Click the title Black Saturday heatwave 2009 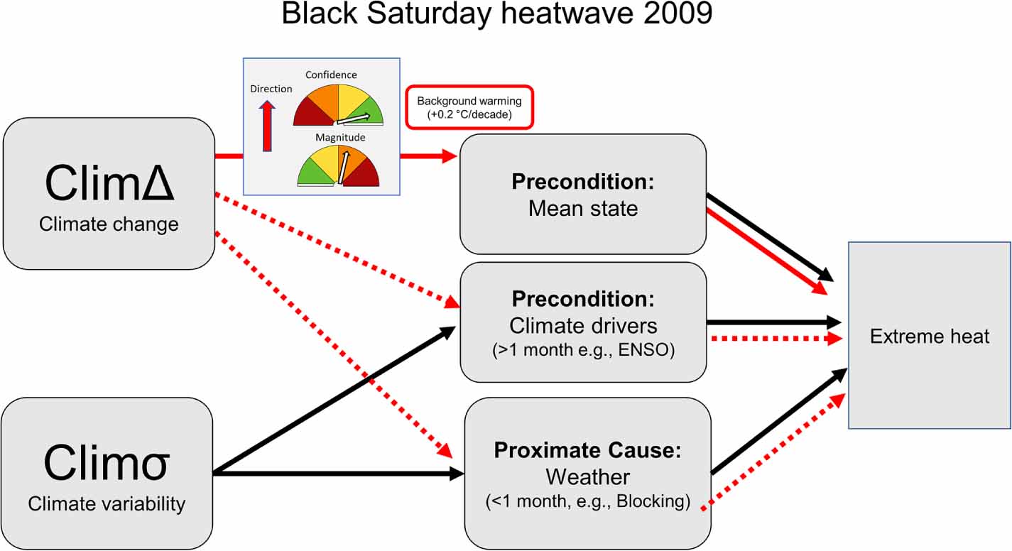(497, 13)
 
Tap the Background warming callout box (469, 107)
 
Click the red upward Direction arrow (267, 126)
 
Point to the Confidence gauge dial (338, 105)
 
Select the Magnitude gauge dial (338, 165)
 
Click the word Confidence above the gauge (331, 75)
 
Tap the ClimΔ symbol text (109, 183)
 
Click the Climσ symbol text (107, 462)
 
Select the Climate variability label (107, 503)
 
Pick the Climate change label (109, 224)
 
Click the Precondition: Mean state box (583, 194)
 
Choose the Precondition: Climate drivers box (583, 322)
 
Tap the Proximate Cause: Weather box (588, 474)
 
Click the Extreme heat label (930, 337)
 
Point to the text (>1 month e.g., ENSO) (583, 350)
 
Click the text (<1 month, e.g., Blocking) (588, 501)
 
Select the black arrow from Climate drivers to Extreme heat (774, 322)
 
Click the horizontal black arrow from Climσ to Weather (339, 474)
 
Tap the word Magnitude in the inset (340, 137)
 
